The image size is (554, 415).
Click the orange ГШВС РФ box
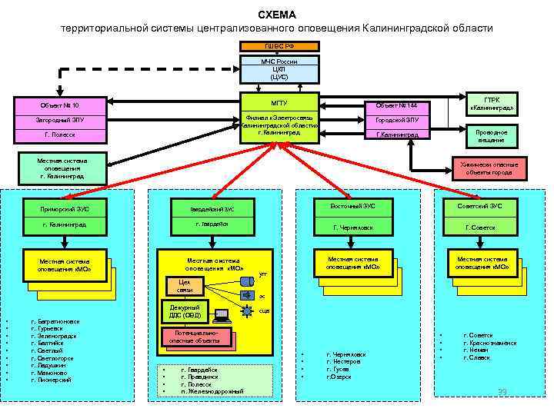coord(279,46)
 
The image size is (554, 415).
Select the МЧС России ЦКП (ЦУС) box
coord(279,69)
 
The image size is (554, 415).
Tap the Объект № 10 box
coord(61,105)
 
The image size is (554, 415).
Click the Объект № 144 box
coord(397,105)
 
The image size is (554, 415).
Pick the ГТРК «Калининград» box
coord(490,104)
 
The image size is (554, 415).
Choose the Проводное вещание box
coord(490,136)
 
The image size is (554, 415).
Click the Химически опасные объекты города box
coord(490,168)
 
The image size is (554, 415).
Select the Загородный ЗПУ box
coord(61,121)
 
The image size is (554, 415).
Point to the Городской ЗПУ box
coord(397,120)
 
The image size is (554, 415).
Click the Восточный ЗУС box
coord(358,206)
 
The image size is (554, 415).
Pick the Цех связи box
coord(185,286)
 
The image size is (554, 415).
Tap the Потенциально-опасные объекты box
coord(189,337)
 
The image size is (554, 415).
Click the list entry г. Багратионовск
coord(55,321)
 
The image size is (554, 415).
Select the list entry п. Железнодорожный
coord(212,391)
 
